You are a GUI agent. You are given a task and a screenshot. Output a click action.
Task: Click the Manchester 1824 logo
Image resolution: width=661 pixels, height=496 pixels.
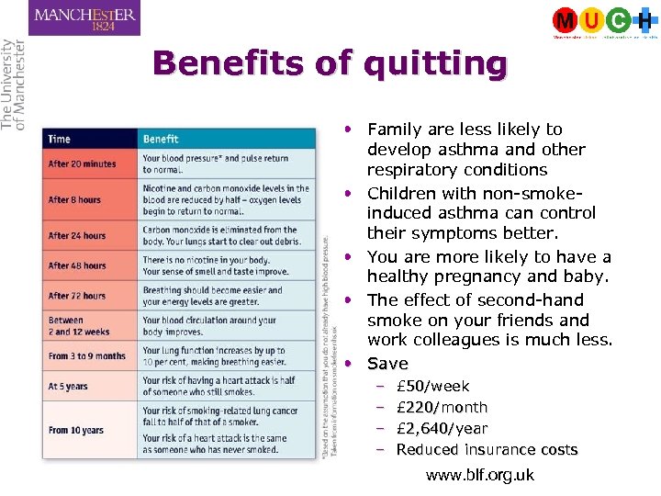click(x=84, y=18)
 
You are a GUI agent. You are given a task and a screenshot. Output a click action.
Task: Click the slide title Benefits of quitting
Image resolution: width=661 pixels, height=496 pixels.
click(x=330, y=64)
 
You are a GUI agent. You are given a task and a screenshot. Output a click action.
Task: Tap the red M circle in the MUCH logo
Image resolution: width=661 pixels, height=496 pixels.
click(x=566, y=20)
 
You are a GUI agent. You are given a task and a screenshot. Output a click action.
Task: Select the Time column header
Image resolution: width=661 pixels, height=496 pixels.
click(x=60, y=140)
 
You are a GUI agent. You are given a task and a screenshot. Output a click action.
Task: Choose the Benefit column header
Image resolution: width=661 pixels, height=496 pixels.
click(x=161, y=140)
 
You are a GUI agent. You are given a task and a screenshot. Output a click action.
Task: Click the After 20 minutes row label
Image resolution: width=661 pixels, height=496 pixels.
click(x=83, y=164)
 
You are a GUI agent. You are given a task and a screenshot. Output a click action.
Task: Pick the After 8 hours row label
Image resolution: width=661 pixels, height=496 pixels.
click(x=75, y=199)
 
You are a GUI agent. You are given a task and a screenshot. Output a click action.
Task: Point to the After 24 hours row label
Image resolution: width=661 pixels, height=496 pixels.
click(x=77, y=235)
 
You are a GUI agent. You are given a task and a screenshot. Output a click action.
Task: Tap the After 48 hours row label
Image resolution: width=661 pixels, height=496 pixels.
click(x=77, y=265)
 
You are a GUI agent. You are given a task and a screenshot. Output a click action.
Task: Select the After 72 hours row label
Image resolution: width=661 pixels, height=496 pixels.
click(x=77, y=296)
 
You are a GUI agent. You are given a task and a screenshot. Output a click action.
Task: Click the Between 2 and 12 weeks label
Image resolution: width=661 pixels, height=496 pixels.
click(x=79, y=326)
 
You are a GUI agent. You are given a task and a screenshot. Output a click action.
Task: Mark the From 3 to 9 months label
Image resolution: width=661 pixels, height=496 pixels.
click(x=87, y=356)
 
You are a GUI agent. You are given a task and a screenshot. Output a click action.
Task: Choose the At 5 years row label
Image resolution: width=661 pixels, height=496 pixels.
click(x=69, y=387)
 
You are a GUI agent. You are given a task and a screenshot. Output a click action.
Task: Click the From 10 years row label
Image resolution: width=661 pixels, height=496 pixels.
click(x=77, y=429)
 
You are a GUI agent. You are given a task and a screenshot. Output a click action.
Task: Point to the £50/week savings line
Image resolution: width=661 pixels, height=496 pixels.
click(x=432, y=387)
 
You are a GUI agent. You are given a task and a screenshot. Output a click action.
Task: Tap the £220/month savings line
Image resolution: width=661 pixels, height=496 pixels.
click(x=442, y=408)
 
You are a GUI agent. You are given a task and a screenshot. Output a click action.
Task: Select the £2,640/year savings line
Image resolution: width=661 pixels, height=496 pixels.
click(x=442, y=429)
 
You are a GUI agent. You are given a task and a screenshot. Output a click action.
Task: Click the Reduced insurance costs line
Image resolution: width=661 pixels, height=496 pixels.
click(x=487, y=450)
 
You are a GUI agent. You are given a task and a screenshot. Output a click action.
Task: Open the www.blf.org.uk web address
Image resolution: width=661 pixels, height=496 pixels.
click(x=480, y=476)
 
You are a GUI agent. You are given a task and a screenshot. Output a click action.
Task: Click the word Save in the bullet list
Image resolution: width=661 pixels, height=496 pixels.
click(x=387, y=364)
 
